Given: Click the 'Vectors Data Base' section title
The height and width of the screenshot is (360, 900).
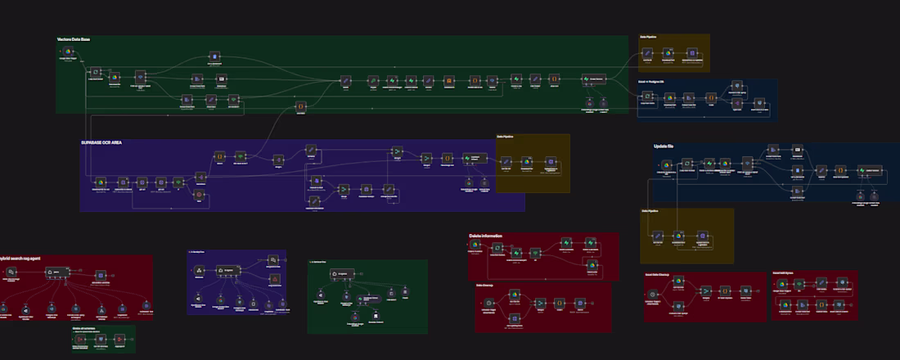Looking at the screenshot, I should (x=74, y=39).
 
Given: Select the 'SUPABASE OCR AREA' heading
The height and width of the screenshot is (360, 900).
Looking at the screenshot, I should (x=101, y=143).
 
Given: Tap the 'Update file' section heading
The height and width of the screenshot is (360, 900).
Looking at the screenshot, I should (x=664, y=146).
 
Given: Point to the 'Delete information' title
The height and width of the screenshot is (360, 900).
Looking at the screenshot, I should (x=486, y=236).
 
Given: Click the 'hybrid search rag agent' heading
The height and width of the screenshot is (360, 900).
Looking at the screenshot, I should (x=20, y=259).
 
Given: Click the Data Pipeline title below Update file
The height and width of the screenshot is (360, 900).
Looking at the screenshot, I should (x=655, y=212).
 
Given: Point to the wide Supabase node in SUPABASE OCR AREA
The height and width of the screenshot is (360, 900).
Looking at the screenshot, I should (x=473, y=158).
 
